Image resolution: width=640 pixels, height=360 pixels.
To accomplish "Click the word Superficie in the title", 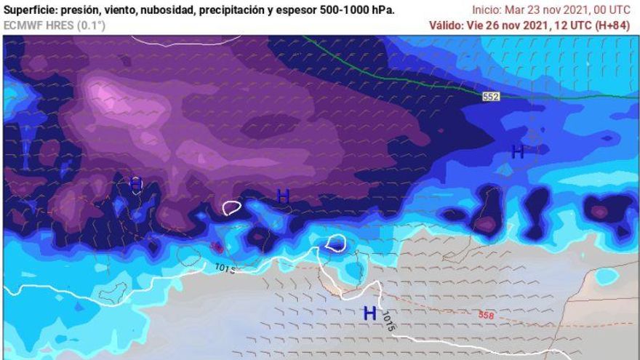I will tap(30, 10).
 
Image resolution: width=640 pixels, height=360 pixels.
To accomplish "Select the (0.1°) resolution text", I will tap(92, 25).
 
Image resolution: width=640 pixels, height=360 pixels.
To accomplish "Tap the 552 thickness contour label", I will tap(490, 96).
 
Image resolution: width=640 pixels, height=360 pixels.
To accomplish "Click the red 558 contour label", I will tap(487, 315).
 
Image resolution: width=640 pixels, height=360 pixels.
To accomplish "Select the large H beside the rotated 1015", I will tap(370, 313).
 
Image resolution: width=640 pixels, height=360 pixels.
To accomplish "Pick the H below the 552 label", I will tap(517, 151).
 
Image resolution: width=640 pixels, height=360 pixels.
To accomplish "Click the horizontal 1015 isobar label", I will tap(225, 268).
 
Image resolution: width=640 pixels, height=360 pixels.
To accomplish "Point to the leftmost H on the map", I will tap(136, 184).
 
